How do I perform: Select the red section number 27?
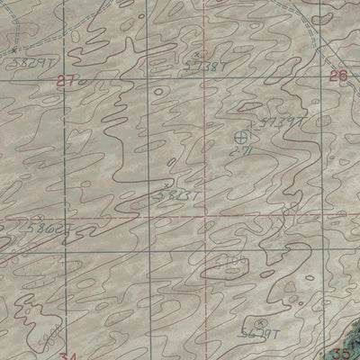pos(62,80)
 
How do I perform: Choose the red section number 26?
pos(337,77)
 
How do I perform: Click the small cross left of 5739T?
pos(253,113)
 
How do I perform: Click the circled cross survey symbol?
pos(241,137)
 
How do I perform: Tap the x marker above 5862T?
pos(37,218)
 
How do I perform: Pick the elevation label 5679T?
pos(261,332)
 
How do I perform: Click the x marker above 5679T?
pos(260,320)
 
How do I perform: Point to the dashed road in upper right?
pos(311,36)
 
